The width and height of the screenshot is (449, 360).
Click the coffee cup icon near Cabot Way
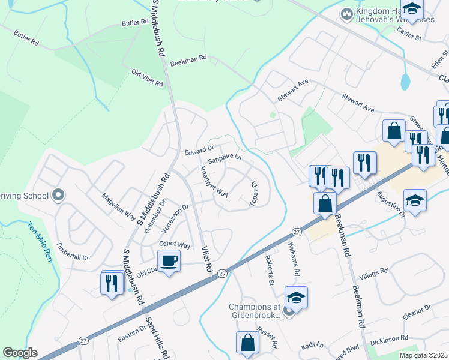coord(169,261)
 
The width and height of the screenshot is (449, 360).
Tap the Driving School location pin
coord(58,195)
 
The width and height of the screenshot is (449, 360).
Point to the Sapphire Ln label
coord(224,159)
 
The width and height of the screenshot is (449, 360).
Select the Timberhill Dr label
coord(73,253)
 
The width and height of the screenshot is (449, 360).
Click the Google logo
coord(20,353)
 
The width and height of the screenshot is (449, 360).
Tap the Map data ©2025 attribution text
coord(423,355)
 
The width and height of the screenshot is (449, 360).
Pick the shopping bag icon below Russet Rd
coord(247,344)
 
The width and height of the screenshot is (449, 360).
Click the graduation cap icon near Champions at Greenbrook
coord(296,298)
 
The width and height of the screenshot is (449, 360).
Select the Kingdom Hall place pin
coord(347,14)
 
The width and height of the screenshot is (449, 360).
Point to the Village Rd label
coord(373,274)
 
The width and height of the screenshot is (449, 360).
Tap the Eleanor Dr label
coord(418,311)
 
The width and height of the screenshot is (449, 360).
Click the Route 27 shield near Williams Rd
coord(297,231)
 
